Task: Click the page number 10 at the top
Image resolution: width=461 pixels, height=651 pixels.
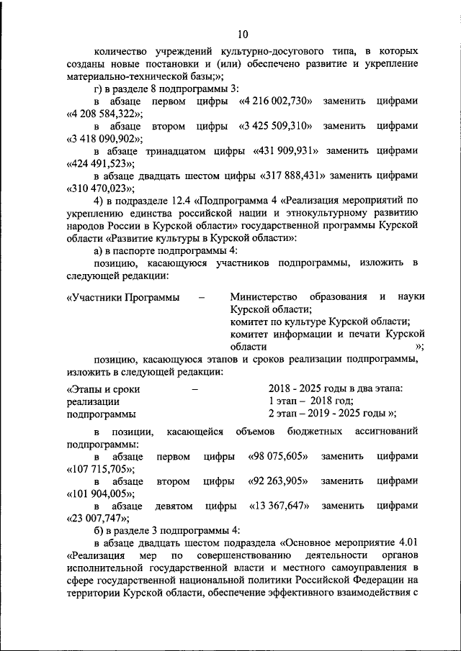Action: [242, 34]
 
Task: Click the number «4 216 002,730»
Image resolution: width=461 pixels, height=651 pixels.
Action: [274, 101]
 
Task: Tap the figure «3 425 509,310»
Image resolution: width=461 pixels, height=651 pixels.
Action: [274, 126]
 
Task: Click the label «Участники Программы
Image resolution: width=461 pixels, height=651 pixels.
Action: [122, 297]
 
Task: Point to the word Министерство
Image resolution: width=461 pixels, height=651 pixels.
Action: [262, 297]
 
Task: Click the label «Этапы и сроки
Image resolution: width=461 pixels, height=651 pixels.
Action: [102, 389]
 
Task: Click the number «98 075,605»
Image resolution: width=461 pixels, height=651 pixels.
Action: [278, 456]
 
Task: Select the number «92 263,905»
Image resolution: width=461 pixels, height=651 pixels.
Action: [278, 481]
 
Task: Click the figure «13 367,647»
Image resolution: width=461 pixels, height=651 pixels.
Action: [278, 505]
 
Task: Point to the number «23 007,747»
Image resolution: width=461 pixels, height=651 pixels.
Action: [97, 517]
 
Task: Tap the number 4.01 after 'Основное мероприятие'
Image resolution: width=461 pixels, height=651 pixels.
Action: [406, 542]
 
